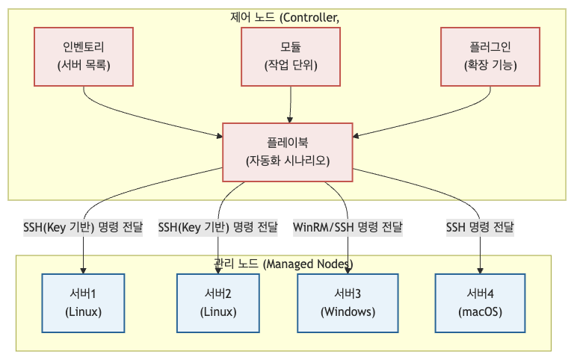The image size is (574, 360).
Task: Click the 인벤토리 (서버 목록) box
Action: coord(84,57)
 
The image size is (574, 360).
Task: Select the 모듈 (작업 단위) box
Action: coord(291,57)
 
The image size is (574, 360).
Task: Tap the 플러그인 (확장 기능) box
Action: coord(490,57)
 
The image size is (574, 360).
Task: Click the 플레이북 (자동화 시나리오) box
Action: coord(288,152)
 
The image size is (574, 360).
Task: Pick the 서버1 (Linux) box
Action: coord(83,302)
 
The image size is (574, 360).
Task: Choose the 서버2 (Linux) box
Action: coord(218,302)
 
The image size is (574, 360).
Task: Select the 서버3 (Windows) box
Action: coord(348,302)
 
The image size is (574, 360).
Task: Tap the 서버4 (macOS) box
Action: coord(479,302)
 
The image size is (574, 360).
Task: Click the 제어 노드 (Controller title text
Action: coord(285,16)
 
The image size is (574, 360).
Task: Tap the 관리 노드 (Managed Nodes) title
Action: coord(283,264)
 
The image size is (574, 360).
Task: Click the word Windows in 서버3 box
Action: coord(348,311)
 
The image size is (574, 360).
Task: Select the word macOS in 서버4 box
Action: coord(479,311)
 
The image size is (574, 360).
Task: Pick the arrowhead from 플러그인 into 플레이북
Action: coord(357,136)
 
